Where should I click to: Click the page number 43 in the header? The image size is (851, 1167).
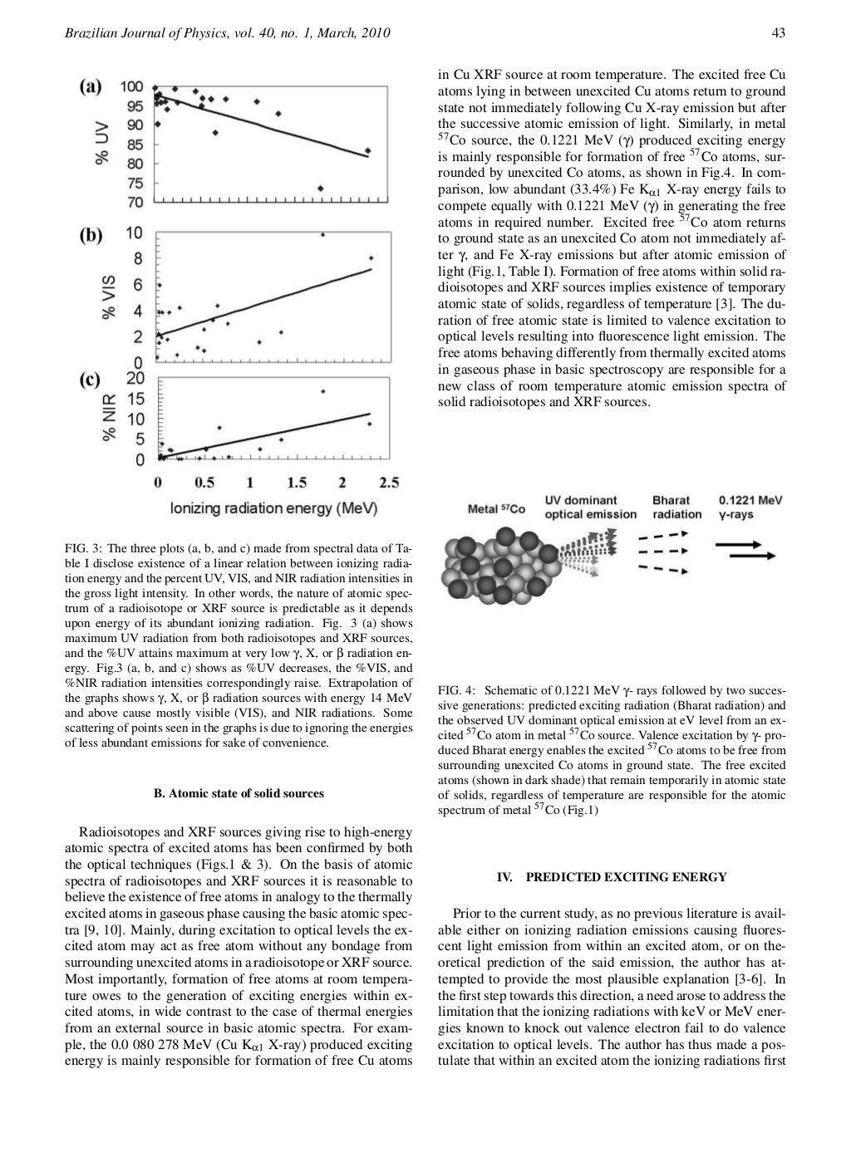click(779, 33)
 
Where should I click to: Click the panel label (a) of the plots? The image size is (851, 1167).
click(91, 86)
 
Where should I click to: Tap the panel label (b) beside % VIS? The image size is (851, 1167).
click(91, 235)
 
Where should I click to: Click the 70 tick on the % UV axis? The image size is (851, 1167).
click(134, 202)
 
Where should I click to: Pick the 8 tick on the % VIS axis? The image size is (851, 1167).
click(138, 258)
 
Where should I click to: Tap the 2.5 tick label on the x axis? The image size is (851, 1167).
click(388, 483)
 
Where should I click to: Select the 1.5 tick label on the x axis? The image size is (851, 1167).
click(296, 483)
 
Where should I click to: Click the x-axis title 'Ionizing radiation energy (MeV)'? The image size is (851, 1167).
click(273, 507)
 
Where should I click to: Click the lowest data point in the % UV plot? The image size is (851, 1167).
click(320, 188)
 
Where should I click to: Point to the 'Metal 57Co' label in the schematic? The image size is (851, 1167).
click(497, 509)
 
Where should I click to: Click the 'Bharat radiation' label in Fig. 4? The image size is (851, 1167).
click(676, 507)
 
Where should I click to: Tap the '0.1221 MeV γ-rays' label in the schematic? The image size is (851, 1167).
click(750, 507)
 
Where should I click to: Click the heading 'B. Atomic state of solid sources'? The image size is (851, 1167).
click(239, 793)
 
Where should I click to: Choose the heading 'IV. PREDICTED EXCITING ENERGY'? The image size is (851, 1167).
click(611, 876)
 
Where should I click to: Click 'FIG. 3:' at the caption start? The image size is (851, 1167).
click(84, 549)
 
